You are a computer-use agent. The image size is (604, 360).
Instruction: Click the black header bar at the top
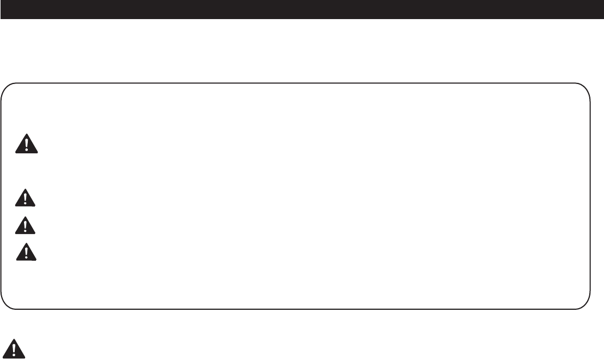coord(302,9)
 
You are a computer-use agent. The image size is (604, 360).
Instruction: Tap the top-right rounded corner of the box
coord(587,87)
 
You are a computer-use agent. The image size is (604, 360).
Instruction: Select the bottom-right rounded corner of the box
coord(587,305)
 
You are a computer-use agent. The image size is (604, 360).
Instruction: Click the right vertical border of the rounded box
coord(590,196)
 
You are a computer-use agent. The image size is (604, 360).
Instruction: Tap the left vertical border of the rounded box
coord(1,196)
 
